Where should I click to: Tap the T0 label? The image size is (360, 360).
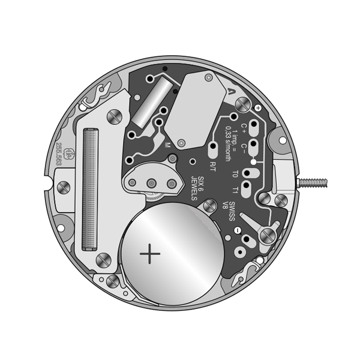click(x=235, y=175)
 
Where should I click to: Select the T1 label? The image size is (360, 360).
click(x=235, y=191)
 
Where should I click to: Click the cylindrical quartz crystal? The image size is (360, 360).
click(x=148, y=103)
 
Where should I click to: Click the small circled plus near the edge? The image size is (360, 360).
click(x=258, y=107)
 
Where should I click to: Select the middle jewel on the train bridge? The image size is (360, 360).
click(x=151, y=182)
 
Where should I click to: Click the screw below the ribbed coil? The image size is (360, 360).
click(x=103, y=260)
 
